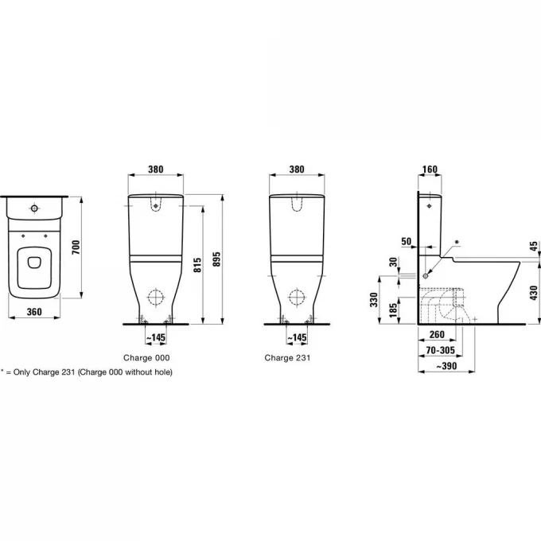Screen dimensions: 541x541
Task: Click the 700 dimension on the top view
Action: [76, 247]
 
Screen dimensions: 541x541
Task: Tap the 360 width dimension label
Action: [34, 312]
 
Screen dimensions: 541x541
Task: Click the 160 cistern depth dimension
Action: [430, 169]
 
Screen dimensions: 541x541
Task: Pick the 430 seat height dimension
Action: [534, 293]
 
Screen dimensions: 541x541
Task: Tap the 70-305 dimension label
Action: [441, 350]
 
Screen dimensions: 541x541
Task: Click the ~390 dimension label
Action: [446, 366]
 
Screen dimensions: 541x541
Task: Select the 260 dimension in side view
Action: [437, 334]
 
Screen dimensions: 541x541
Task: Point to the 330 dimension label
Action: [374, 299]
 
